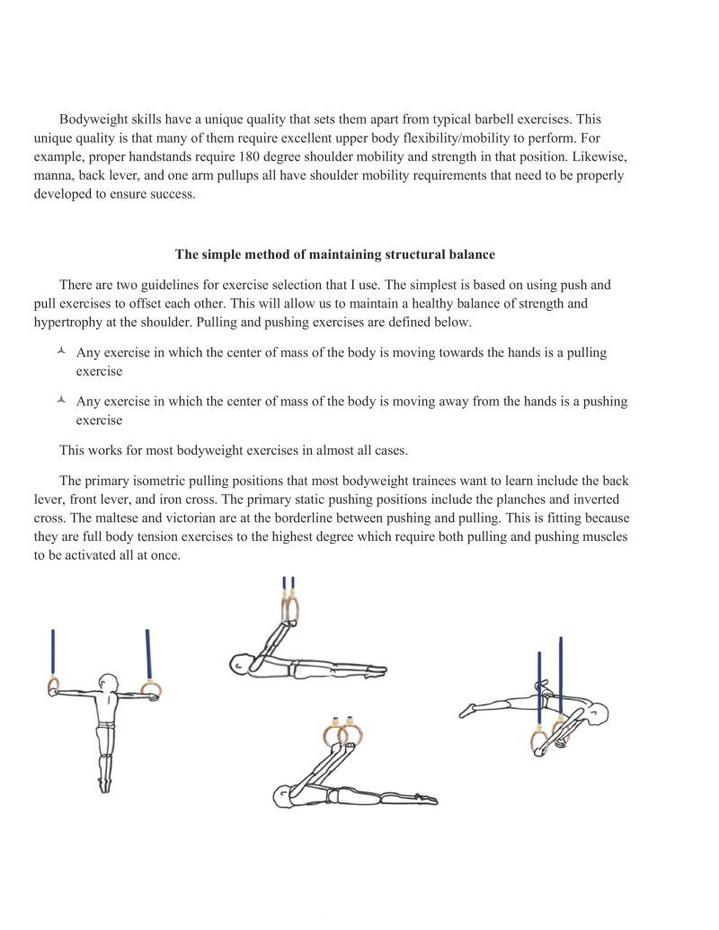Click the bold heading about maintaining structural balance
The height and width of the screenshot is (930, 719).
pyautogui.click(x=334, y=254)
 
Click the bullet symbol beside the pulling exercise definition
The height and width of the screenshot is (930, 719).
pyautogui.click(x=60, y=352)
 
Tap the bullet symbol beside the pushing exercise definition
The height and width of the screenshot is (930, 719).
pyautogui.click(x=60, y=401)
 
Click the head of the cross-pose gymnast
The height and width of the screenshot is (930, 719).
pyautogui.click(x=109, y=682)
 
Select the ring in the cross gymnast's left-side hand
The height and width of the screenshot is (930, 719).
pyautogui.click(x=53, y=686)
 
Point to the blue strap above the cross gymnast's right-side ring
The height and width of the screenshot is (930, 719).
pyautogui.click(x=147, y=654)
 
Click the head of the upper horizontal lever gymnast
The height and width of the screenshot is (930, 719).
pyautogui.click(x=240, y=665)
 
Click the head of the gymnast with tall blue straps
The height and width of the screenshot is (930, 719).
pyautogui.click(x=597, y=717)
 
